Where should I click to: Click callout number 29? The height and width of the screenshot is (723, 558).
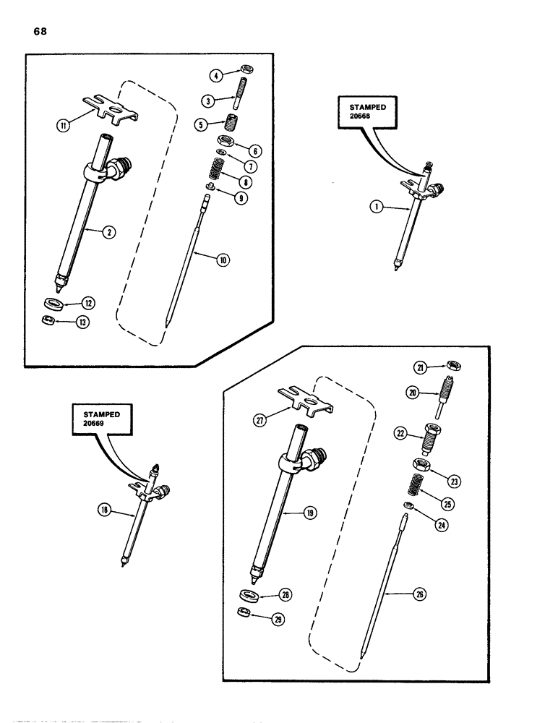click(x=278, y=620)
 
